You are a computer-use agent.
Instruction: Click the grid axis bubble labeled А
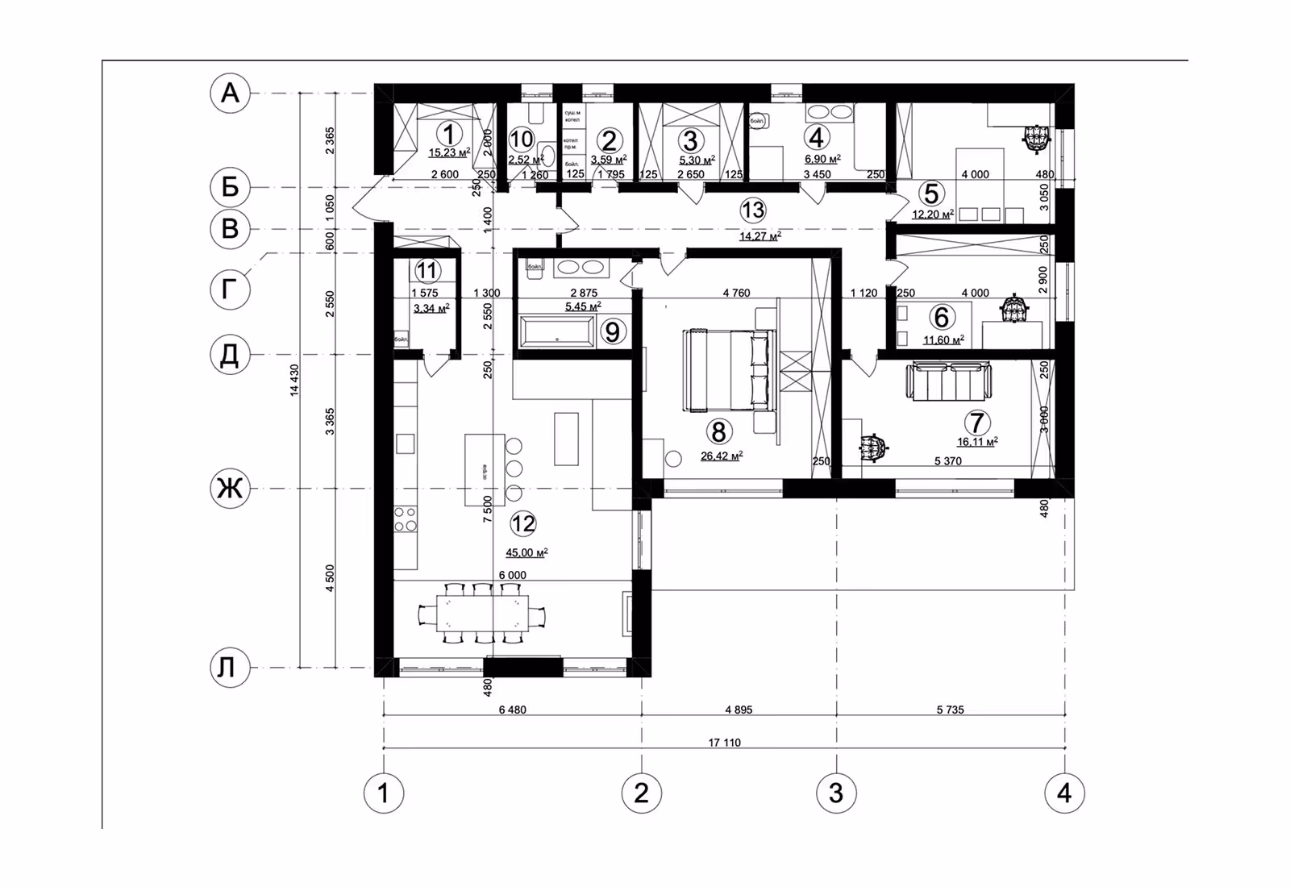230,94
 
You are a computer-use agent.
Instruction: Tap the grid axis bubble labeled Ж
230,489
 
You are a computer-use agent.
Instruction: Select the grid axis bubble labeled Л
230,668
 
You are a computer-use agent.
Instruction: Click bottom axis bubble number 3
836,793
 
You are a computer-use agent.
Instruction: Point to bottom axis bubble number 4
1064,793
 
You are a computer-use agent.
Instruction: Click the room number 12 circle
523,524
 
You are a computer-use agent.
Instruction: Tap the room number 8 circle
718,431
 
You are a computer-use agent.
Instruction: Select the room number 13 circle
752,210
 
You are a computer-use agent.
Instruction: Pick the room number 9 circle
613,331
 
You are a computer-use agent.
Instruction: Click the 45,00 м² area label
526,553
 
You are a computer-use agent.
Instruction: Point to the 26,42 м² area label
722,456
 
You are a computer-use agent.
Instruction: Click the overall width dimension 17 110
724,743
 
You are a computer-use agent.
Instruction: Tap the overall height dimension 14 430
294,380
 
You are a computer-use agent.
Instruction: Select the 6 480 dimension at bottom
512,710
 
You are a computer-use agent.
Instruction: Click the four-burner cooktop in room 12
406,518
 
